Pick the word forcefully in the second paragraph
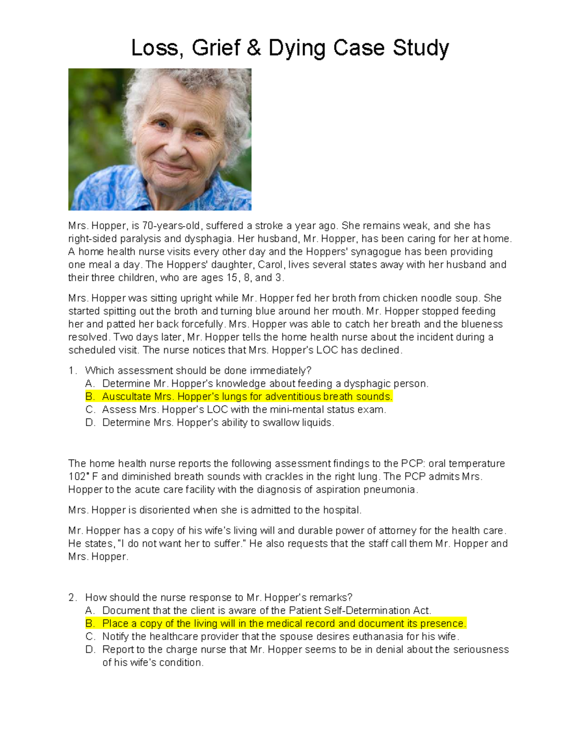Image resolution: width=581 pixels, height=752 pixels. [x=203, y=324]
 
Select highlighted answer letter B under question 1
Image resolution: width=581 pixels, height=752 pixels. [x=89, y=397]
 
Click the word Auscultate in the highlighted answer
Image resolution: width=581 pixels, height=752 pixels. [x=126, y=397]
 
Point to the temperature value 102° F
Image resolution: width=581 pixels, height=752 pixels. [x=83, y=477]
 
